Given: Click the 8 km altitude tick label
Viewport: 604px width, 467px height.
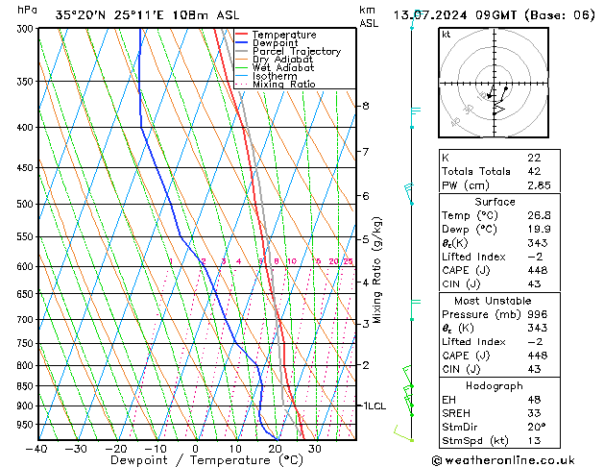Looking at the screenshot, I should pyautogui.click(x=365, y=106).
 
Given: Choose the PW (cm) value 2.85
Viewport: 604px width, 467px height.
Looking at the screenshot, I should pyautogui.click(x=538, y=185).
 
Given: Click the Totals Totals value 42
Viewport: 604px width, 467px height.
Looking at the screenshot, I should pyautogui.click(x=534, y=171).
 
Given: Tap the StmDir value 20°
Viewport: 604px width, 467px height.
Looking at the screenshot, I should pyautogui.click(x=536, y=428).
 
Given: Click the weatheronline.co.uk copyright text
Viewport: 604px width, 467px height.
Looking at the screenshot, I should pyautogui.click(x=517, y=458).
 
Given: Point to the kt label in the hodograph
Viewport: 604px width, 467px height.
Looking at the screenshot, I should pyautogui.click(x=447, y=34).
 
